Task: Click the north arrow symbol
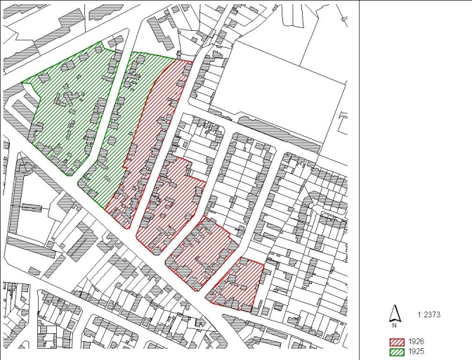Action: point(395,313)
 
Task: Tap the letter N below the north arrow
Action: point(395,324)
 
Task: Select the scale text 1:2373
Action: point(428,315)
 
